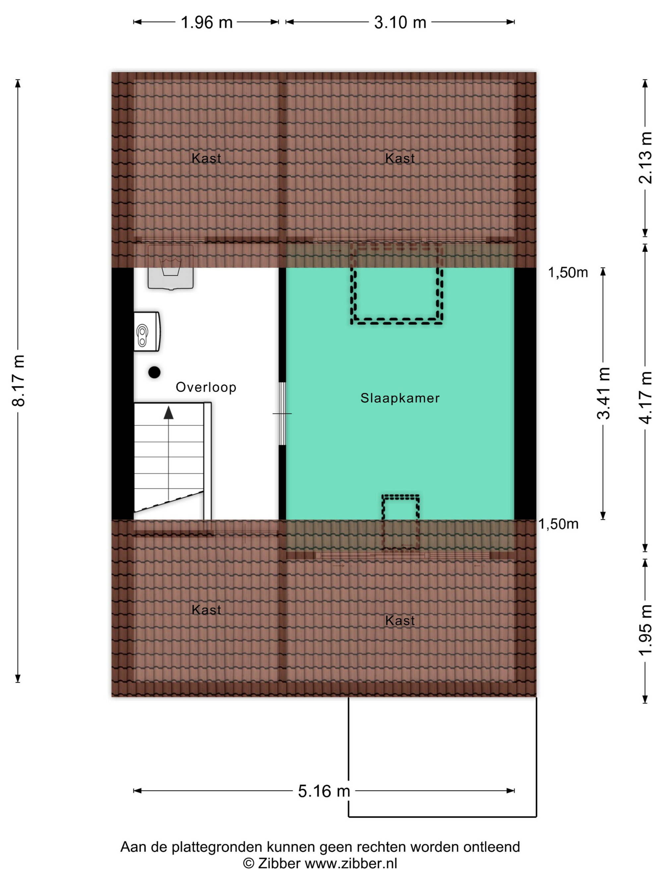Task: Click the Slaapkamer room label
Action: [x=400, y=398]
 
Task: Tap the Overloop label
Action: [x=206, y=387]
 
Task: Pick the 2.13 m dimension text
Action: [x=645, y=157]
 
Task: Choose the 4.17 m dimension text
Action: [x=645, y=397]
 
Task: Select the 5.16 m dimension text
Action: [x=324, y=791]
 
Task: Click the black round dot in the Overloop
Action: [x=154, y=372]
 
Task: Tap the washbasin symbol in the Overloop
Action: [x=171, y=267]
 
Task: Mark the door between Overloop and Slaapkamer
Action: [x=282, y=414]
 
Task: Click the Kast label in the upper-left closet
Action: [x=206, y=158]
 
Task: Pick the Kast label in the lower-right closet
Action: [x=400, y=620]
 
